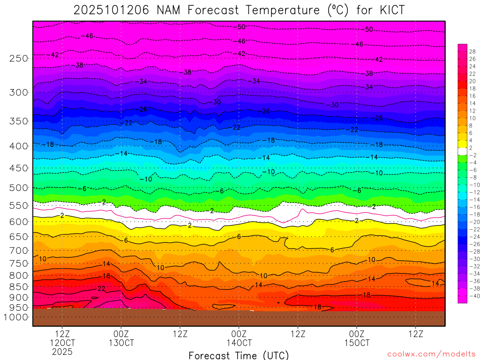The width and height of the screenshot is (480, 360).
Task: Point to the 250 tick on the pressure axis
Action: point(19,58)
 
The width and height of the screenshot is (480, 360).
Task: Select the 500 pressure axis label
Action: point(19,188)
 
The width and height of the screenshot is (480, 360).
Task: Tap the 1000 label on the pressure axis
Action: point(17,317)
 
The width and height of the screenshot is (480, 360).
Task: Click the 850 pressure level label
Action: point(19,286)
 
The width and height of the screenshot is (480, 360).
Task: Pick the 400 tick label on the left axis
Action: point(19,146)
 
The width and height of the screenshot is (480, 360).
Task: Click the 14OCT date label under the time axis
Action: point(239,343)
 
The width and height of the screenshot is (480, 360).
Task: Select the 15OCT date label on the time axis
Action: point(357,343)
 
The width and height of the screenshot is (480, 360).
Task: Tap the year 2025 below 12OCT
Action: point(62,352)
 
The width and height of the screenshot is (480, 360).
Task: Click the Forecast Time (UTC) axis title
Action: point(239,355)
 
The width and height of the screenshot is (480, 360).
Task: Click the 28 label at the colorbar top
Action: point(472,52)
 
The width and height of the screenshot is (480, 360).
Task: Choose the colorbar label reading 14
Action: point(472,103)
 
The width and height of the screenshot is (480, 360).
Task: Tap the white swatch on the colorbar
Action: point(462,151)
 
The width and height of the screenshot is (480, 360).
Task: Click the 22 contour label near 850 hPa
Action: point(101,288)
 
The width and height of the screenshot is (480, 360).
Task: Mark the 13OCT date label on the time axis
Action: point(121,343)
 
